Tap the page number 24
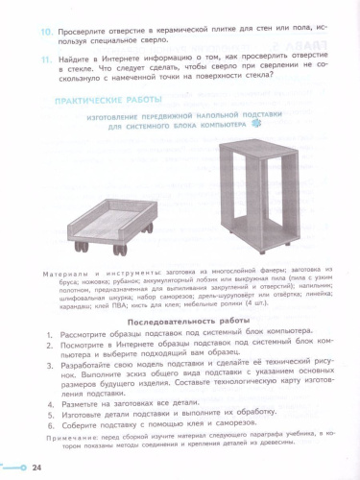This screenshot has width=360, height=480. point(36,468)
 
